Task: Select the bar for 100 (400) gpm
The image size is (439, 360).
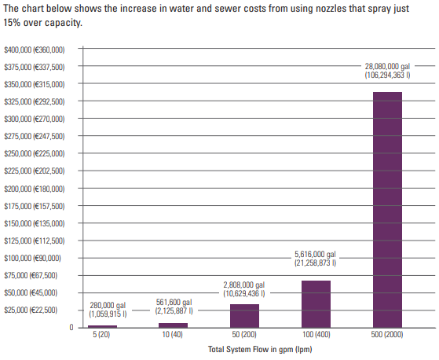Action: tap(316, 303)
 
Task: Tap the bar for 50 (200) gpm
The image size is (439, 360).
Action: tap(244, 315)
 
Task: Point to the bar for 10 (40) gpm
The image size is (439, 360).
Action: tap(173, 325)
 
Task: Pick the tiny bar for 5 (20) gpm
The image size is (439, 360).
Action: tap(102, 326)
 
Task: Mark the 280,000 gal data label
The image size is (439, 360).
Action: tap(104, 306)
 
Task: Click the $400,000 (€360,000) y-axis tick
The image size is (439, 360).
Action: tap(35, 50)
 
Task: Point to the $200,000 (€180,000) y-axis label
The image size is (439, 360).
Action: tap(35, 189)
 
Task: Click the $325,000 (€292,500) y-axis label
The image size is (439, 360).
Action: tap(35, 101)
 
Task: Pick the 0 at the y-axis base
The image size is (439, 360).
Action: tap(71, 328)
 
